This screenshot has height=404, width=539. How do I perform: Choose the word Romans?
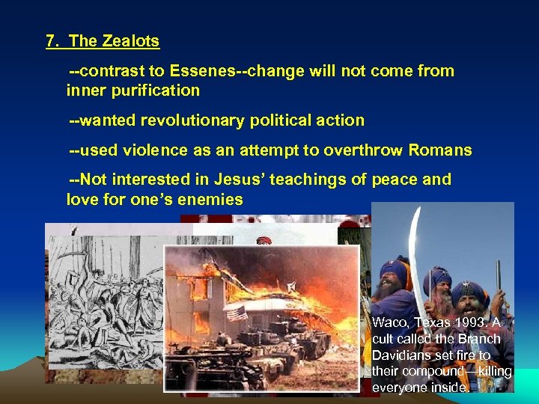440,150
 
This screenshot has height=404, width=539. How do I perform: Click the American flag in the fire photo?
237,312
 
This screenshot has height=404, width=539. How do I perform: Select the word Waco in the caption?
389,322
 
